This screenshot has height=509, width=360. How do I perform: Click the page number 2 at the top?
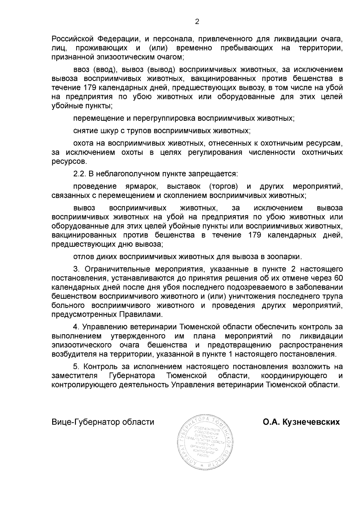click(197, 22)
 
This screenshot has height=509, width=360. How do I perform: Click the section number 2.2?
click(79, 174)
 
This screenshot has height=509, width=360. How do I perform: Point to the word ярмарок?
click(141, 187)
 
